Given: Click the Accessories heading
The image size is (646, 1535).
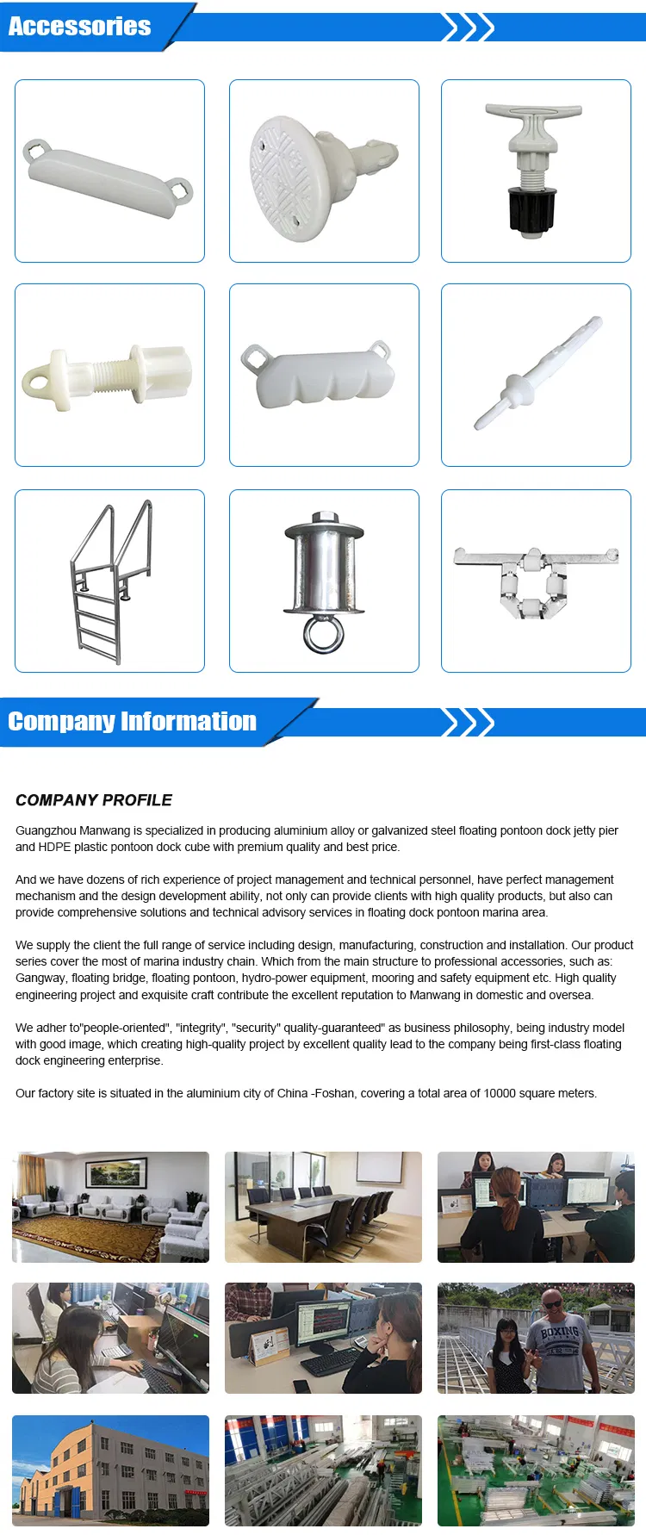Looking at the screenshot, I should pos(79,27).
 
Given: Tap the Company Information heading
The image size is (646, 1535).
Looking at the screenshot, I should pos(132,721).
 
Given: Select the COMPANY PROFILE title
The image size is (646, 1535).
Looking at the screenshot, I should pos(94,800).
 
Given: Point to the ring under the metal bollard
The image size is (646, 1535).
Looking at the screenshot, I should pos(323,634).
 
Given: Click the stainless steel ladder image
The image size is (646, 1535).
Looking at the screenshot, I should pos(111,581).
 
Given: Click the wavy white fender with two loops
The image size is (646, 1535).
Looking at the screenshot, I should pos(323,376).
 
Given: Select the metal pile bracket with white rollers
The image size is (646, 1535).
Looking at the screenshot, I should pos(536,578).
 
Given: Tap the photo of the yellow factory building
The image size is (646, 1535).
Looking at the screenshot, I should pos(110,1470).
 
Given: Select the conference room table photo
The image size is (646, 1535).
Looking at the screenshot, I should pos(323,1207).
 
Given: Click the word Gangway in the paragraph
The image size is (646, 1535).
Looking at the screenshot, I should pos(40,978).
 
